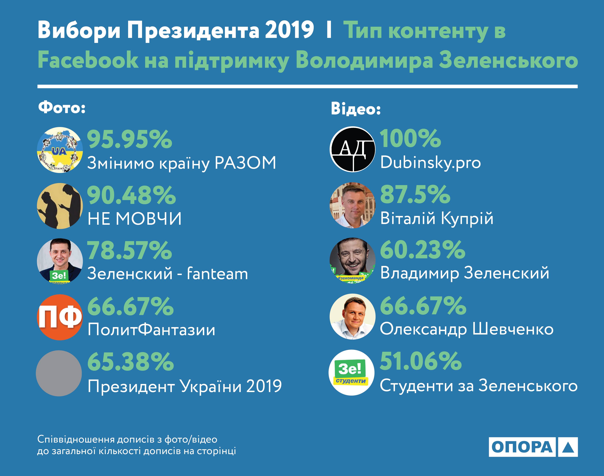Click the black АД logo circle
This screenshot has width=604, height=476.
(x=352, y=149)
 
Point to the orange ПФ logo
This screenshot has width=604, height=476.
(x=60, y=317)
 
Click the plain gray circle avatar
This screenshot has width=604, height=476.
(x=59, y=373)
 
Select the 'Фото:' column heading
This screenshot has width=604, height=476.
(x=62, y=108)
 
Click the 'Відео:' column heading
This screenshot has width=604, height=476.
(x=356, y=109)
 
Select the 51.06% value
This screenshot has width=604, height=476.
(x=420, y=361)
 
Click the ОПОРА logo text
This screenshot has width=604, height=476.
(x=522, y=447)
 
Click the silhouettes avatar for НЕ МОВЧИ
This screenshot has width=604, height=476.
(x=60, y=206)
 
